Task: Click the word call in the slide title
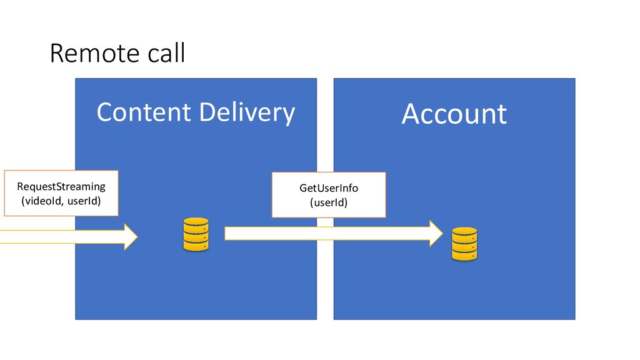point(166,54)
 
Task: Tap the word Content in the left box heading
point(143,112)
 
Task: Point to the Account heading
point(454,114)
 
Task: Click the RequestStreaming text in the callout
point(61,186)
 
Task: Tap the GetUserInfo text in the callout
point(329,188)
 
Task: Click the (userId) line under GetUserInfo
point(329,202)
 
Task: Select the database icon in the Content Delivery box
point(196,235)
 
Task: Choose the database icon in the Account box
point(464,244)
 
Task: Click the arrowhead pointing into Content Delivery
point(130,236)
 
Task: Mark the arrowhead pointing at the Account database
point(435,233)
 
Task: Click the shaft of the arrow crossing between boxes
point(325,233)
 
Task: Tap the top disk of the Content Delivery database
point(196,222)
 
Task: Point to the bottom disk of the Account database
point(464,256)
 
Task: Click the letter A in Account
point(411,114)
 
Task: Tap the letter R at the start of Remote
point(56,54)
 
